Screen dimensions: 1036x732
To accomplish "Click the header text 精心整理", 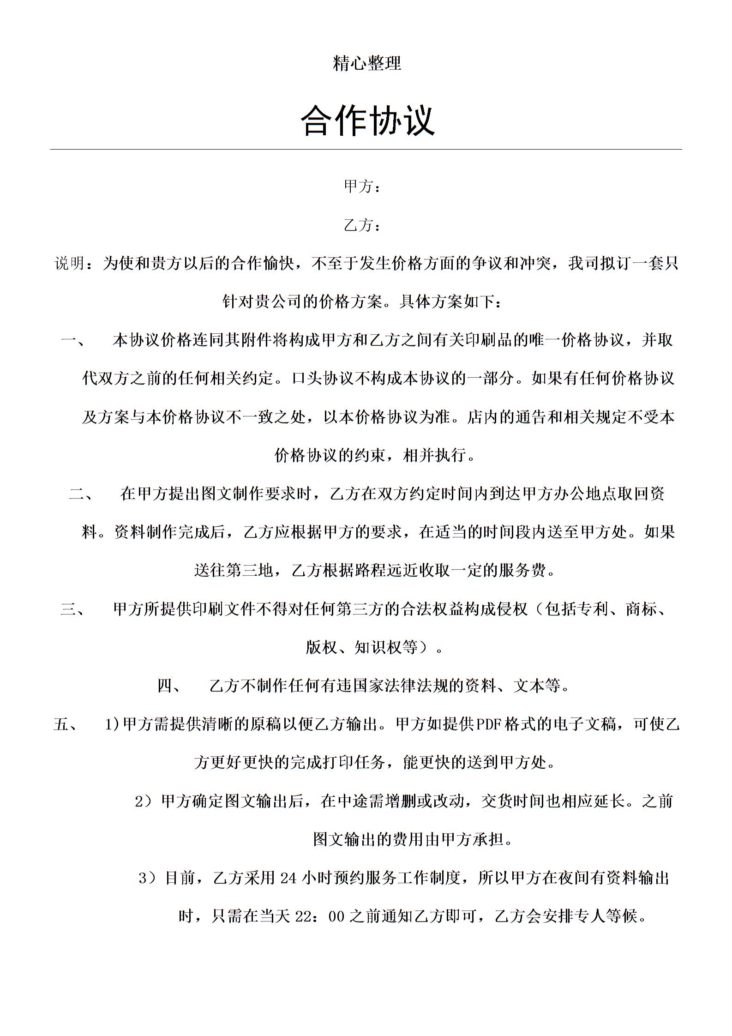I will pos(367,63).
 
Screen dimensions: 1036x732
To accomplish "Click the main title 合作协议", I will pos(367,120).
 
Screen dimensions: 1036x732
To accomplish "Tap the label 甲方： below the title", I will pos(362,187).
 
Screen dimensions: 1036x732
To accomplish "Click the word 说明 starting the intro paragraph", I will pos(70,264).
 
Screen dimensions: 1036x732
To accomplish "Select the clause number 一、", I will pos(73,341).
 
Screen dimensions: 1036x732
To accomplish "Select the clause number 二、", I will pos(81,494).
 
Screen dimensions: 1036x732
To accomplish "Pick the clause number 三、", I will pos(73,609).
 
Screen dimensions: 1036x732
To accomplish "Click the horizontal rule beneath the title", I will pos(366,149).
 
